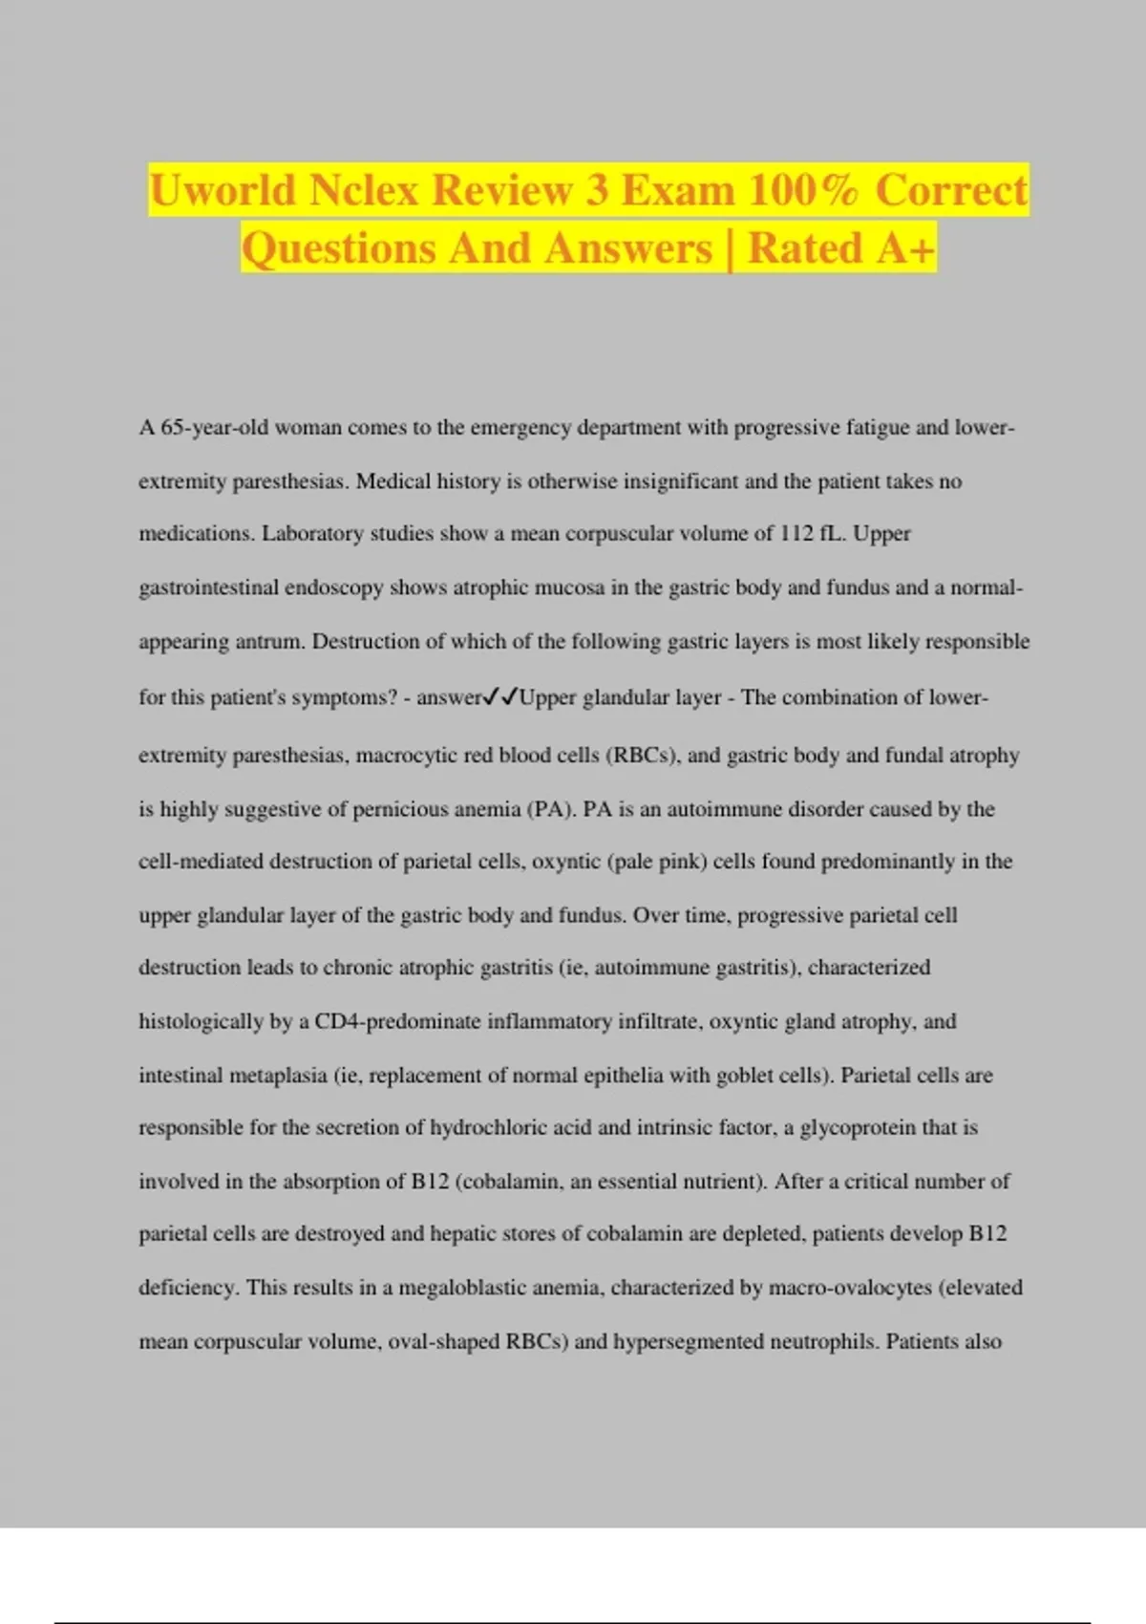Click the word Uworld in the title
(x=223, y=190)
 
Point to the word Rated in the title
(x=805, y=247)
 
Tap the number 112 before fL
(x=796, y=533)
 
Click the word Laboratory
(x=312, y=533)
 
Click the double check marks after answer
(x=500, y=697)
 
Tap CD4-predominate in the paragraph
(x=397, y=1021)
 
